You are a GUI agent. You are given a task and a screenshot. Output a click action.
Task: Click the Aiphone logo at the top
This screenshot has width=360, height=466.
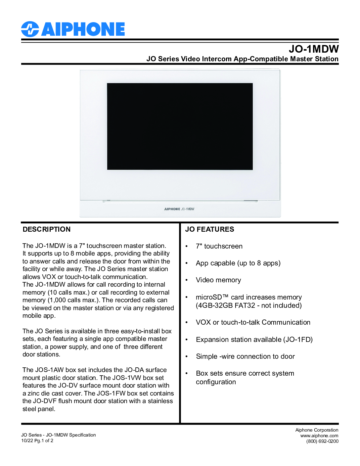[x=73, y=29]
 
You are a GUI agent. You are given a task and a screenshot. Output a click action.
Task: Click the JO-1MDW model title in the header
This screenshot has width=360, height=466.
[x=313, y=49]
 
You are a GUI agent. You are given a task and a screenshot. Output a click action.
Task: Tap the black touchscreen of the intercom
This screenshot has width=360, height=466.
[x=180, y=126]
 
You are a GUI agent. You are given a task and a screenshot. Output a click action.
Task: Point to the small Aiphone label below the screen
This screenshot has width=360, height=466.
[x=179, y=209]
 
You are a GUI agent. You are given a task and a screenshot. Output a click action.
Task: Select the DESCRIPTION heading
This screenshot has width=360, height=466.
[x=47, y=229]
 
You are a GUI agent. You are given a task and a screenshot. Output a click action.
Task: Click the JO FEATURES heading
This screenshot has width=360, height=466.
[x=209, y=229]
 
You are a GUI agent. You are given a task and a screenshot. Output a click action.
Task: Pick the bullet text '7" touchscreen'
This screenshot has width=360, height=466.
[x=219, y=246]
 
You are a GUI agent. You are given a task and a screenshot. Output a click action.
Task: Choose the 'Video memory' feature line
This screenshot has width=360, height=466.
[x=218, y=280]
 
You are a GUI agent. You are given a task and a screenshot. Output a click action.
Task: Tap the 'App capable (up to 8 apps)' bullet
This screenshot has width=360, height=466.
[x=238, y=263]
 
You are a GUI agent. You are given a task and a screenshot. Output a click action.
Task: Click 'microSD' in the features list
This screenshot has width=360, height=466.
[x=209, y=297]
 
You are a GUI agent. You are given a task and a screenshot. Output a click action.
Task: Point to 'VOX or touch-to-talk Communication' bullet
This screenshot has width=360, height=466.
[x=253, y=322]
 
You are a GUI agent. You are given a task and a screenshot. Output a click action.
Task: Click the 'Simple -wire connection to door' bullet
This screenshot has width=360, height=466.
[x=245, y=356]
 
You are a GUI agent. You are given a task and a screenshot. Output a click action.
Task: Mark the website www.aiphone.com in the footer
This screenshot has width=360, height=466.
[x=319, y=436]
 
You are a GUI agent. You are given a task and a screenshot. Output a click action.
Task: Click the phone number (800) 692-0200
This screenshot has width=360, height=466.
[x=322, y=441]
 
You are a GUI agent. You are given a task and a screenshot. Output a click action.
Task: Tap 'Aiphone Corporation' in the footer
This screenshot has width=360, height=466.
[x=317, y=430]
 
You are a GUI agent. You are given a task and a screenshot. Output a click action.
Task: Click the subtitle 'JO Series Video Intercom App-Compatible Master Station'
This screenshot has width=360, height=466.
[x=242, y=59]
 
